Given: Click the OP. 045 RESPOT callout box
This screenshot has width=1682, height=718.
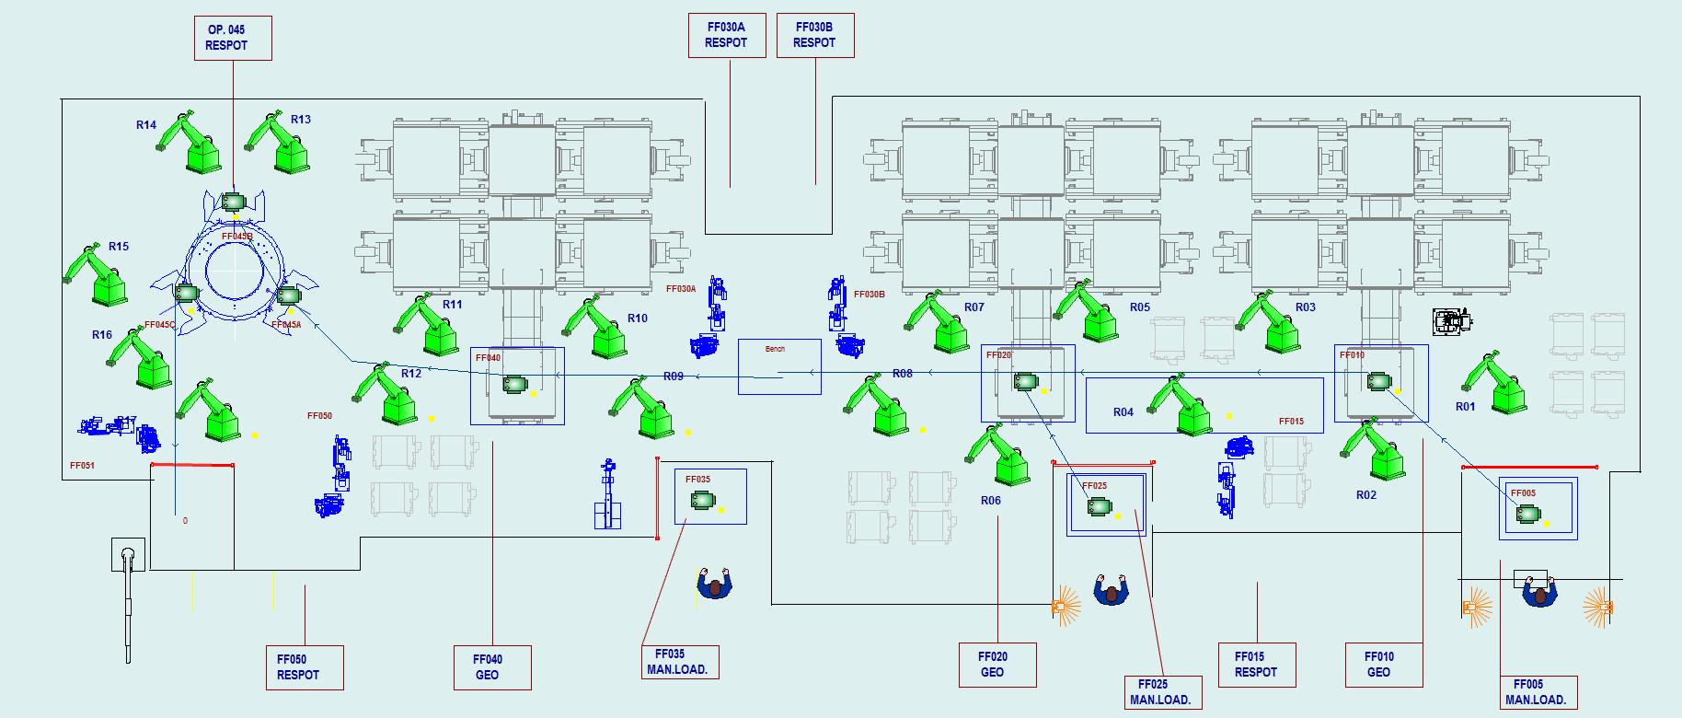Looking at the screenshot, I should [233, 38].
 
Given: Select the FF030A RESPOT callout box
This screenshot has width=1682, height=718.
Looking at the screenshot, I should [727, 35].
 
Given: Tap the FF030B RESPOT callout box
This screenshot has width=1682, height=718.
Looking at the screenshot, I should [815, 35].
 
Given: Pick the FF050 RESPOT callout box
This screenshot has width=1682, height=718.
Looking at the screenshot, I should [305, 667].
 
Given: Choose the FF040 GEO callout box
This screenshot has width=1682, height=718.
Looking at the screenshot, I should [492, 667].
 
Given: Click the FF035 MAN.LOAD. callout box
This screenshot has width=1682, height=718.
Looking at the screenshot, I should [679, 662].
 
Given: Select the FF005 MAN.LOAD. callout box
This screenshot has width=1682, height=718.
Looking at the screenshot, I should [1537, 691].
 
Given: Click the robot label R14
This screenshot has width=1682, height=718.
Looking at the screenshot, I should [146, 125].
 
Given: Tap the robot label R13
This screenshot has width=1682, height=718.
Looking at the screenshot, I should [301, 120].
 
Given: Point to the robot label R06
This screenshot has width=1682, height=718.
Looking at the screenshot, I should [990, 501].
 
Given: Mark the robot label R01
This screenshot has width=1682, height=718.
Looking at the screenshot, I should [1465, 407].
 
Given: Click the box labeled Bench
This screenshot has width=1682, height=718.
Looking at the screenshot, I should [778, 366].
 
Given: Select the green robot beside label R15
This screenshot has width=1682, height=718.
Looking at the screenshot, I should [95, 276].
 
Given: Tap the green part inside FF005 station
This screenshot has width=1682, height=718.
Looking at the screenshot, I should [1528, 514].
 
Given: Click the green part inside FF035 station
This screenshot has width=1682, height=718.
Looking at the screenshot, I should [703, 500].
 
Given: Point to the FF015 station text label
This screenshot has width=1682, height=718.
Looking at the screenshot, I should [1291, 422].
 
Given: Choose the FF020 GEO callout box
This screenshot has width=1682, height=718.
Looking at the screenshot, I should [997, 665].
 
